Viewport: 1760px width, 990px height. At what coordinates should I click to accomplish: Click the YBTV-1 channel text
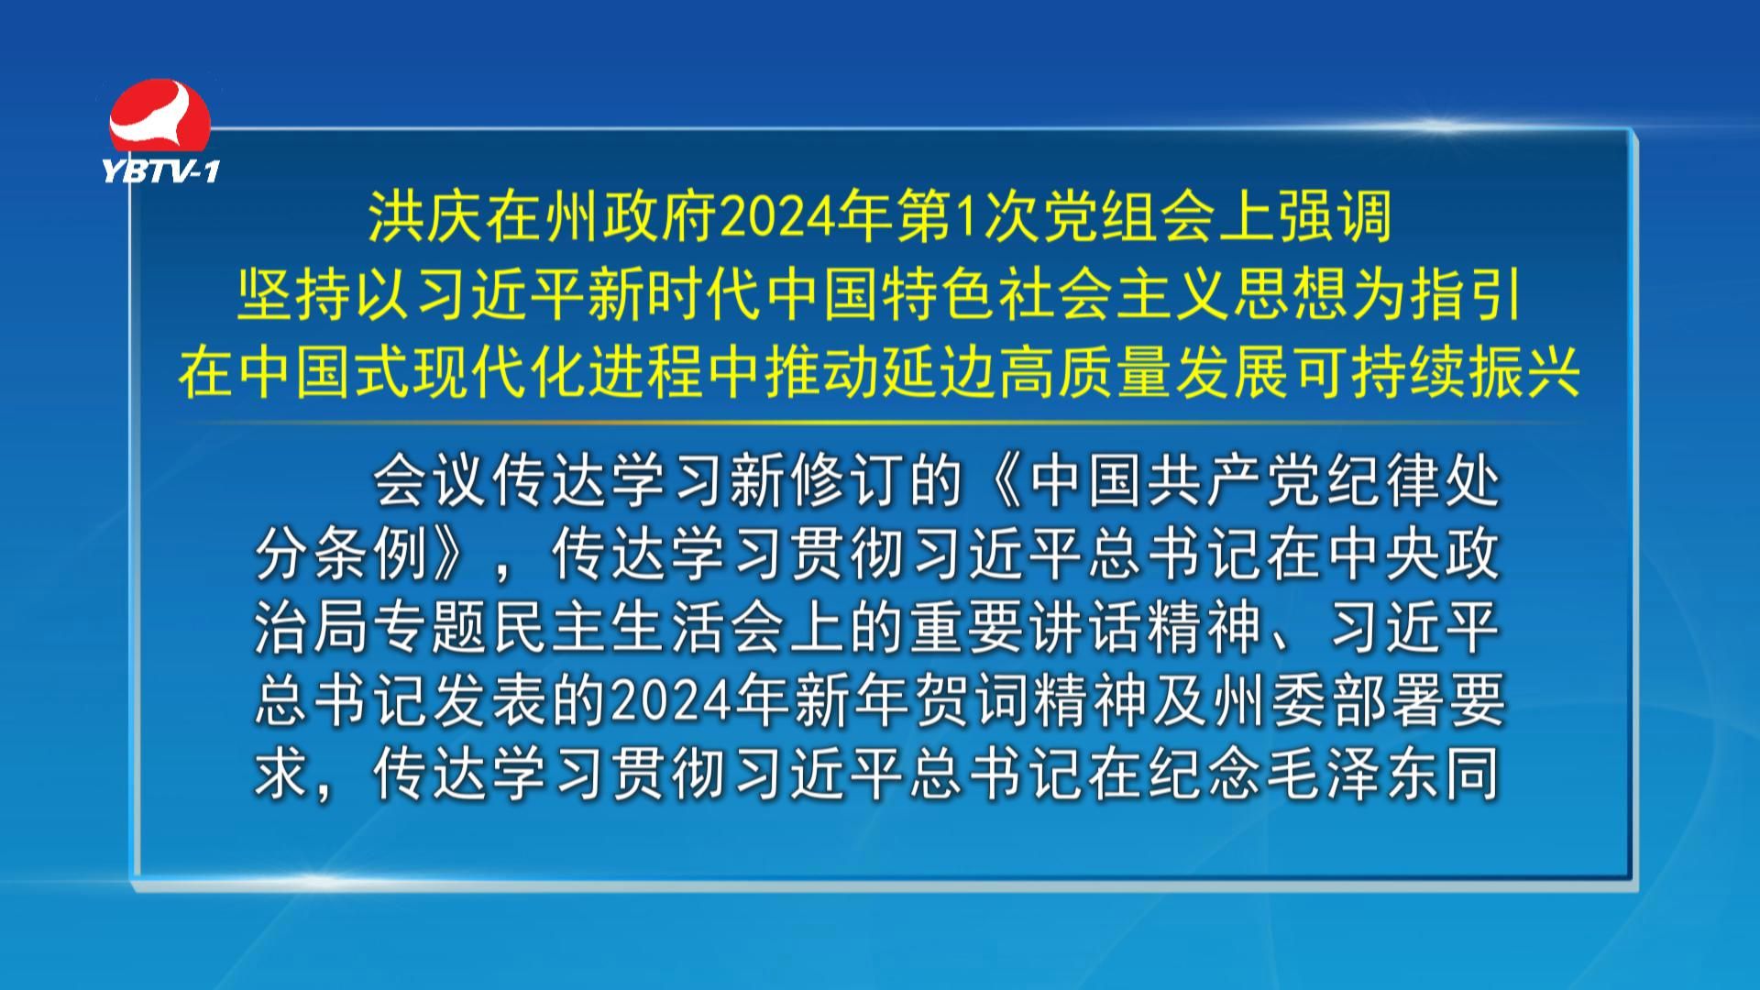click(161, 170)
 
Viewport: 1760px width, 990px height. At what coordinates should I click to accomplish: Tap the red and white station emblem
click(159, 116)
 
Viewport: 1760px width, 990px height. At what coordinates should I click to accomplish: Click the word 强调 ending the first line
click(1335, 218)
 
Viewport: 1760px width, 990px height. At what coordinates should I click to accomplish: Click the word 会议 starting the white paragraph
click(431, 481)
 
